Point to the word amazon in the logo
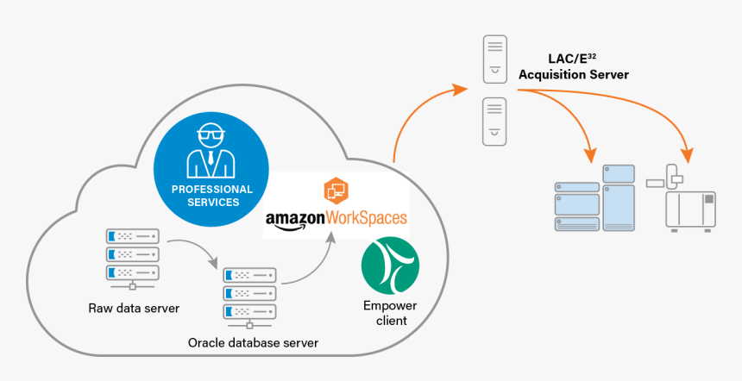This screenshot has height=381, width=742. pyautogui.click(x=294, y=219)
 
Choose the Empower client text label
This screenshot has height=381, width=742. pyautogui.click(x=390, y=313)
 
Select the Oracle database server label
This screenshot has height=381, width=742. pyautogui.click(x=253, y=343)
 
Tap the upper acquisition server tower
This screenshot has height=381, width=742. pyautogui.click(x=494, y=59)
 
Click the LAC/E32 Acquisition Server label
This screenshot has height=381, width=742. pyautogui.click(x=573, y=66)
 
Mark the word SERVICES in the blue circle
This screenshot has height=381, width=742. pyautogui.click(x=212, y=203)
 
